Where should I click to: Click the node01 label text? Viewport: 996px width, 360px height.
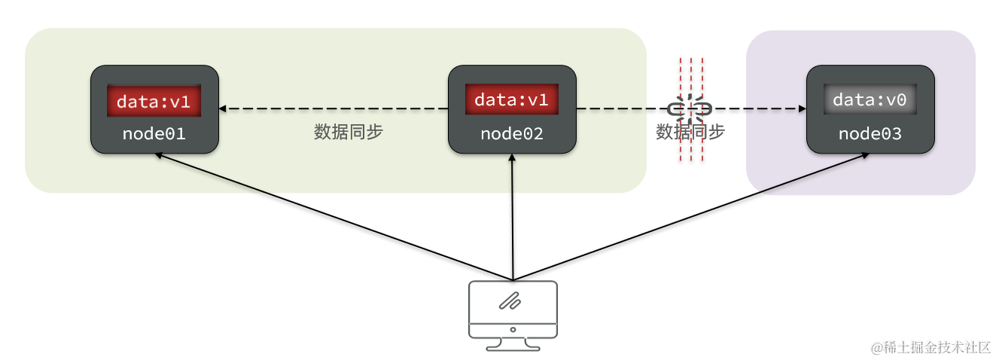pos(154,134)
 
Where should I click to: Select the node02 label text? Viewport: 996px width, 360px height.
pos(512,134)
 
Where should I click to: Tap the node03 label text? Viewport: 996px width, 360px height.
pos(870,134)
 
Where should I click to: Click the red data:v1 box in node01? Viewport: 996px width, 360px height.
pos(154,101)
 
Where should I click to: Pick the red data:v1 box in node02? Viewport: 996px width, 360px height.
pos(512,100)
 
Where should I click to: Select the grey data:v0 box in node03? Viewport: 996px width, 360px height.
pos(870,100)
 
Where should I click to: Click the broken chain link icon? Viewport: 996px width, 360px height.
pos(690,109)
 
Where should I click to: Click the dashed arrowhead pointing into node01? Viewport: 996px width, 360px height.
pos(224,109)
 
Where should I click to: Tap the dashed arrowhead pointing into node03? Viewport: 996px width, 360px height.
pos(801,109)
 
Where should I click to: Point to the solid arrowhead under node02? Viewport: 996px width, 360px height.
pos(512,159)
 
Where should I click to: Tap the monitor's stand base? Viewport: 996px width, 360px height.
pos(513,347)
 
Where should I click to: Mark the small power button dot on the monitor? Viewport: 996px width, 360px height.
pos(513,329)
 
